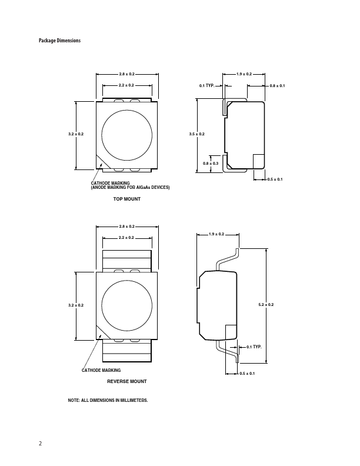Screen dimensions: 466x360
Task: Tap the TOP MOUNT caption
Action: tap(126, 199)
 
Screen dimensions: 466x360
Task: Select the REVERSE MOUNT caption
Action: tap(126, 381)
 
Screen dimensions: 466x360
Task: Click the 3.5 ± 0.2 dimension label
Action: tap(196, 135)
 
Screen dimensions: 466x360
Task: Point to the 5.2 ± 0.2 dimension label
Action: tap(266, 304)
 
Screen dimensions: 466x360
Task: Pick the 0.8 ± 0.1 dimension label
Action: tap(277, 86)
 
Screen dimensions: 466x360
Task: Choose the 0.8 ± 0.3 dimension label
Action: tap(211, 163)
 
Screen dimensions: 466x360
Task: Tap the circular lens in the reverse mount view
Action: tap(126, 305)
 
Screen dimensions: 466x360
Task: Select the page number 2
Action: tap(41, 444)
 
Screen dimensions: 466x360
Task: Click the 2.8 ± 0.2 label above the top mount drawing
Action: tap(126, 74)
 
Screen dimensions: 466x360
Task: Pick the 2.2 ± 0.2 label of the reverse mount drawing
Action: tap(126, 237)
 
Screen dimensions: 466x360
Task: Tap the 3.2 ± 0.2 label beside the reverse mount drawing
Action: tap(76, 305)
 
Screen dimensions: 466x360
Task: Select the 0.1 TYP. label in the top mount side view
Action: tap(206, 86)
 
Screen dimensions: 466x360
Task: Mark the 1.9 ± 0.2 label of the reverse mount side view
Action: tap(216, 235)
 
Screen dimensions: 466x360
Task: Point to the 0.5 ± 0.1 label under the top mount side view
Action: tap(275, 179)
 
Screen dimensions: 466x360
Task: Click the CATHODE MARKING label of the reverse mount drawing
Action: tap(101, 370)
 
